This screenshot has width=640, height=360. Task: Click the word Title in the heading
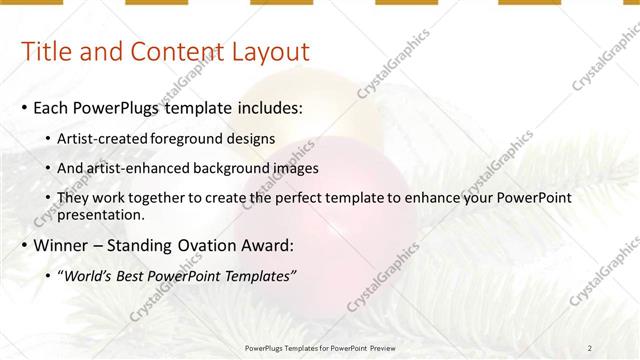tap(47, 52)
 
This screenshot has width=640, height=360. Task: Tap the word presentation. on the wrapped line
tap(101, 214)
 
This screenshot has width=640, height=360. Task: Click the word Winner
tap(61, 246)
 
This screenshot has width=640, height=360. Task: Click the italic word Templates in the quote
tap(259, 276)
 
